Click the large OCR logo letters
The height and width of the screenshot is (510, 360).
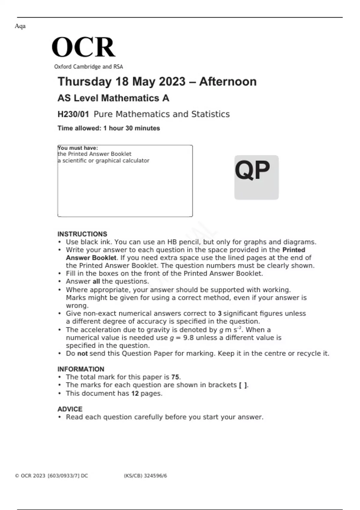point(83,47)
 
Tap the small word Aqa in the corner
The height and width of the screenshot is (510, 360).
point(20,26)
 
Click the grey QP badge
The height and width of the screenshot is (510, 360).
point(256,177)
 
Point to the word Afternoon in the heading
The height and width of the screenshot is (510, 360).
point(228,82)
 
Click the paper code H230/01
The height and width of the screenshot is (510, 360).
point(73,114)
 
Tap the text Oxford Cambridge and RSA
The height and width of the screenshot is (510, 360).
point(88,67)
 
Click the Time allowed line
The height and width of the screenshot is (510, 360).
point(109,128)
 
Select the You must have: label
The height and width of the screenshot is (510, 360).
point(78,148)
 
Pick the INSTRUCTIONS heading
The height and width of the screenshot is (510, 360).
point(82,234)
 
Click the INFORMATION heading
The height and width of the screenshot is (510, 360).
point(81,369)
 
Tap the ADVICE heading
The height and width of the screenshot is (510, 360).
point(70,409)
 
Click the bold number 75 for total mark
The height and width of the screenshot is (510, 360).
point(175,377)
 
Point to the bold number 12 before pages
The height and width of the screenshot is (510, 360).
point(135,393)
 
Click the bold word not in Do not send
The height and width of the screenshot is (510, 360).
point(82,353)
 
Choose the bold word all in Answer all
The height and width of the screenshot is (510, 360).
point(96,281)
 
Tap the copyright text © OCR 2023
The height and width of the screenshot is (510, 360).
point(30,475)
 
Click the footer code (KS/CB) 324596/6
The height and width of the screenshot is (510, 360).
point(145,475)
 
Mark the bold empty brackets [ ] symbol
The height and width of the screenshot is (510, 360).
point(243,385)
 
